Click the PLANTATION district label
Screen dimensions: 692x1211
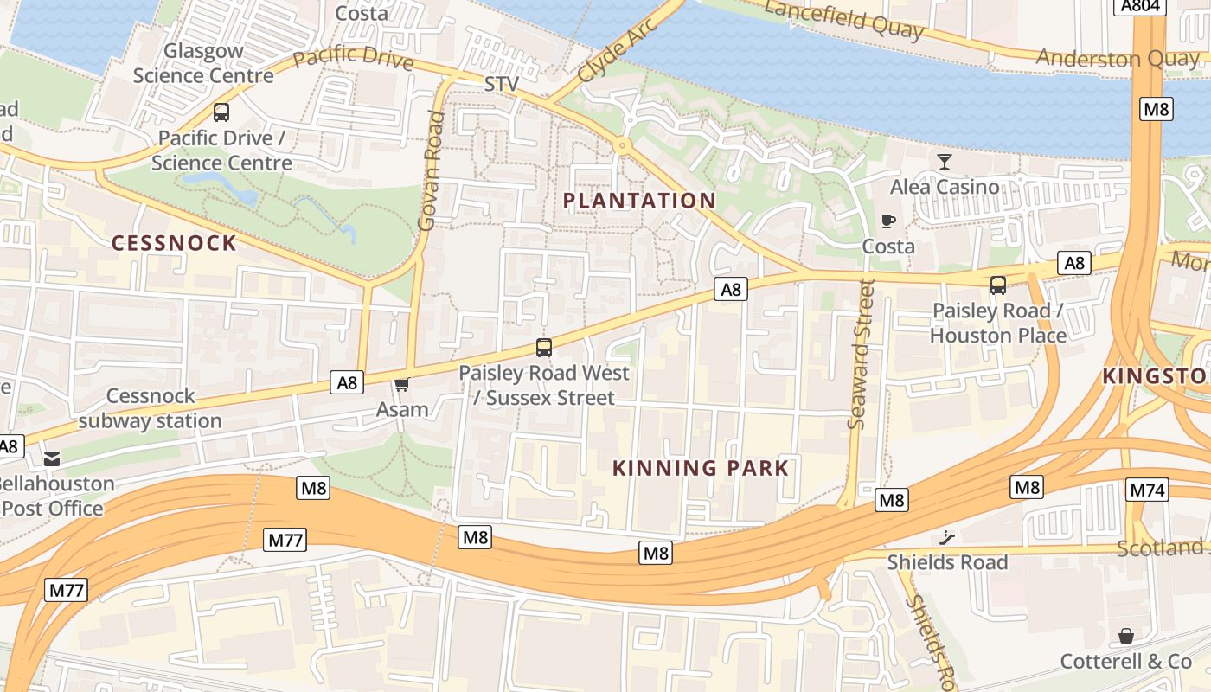pos(639,201)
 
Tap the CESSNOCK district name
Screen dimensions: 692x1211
pos(174,243)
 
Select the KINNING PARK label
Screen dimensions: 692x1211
pos(701,469)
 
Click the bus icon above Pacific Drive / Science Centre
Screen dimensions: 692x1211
pos(221,112)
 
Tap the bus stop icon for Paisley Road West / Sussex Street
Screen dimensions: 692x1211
pos(543,348)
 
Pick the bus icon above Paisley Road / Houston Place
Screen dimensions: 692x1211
pos(997,285)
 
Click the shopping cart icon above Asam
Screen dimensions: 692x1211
pos(401,384)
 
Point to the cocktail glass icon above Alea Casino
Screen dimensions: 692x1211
pos(944,162)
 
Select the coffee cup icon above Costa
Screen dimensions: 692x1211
pos(887,221)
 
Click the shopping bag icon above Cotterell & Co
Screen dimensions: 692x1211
pos(1125,636)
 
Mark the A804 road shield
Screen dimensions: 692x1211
pos(1140,7)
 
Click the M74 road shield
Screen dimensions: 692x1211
pos(1148,490)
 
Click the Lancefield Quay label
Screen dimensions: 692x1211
pos(844,20)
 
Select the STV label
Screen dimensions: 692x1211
pos(502,84)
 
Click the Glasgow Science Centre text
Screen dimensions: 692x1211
pos(203,63)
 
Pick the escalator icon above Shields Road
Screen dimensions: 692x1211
pos(947,537)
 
